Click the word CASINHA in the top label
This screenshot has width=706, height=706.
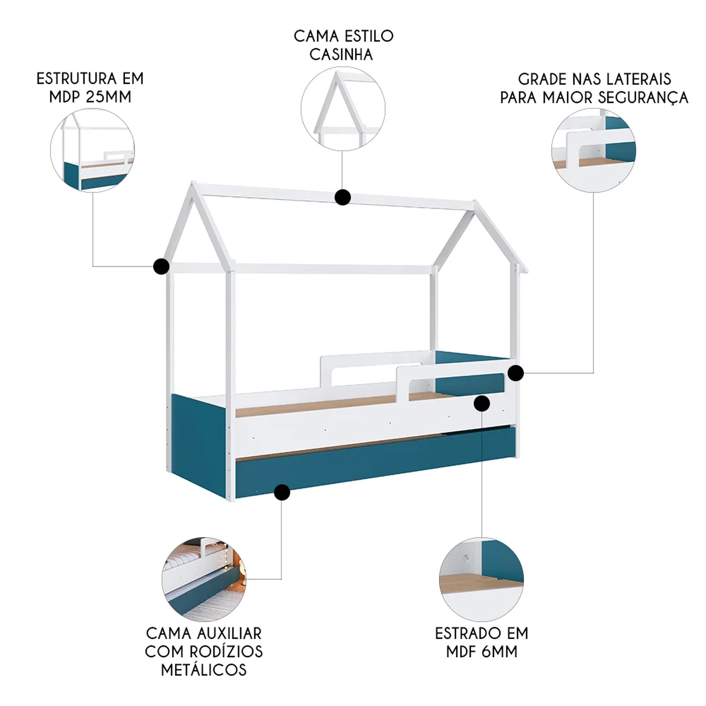coord(341,55)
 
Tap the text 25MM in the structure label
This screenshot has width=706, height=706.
coord(109,97)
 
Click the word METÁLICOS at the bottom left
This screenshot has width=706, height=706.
coord(204,670)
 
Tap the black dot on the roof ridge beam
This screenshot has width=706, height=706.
coord(343,197)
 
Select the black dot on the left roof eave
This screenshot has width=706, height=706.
coord(161,266)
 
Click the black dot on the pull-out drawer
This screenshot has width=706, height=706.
coord(282,492)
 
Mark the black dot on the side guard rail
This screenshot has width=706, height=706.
coord(516,373)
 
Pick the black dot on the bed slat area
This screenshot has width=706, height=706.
coord(482,403)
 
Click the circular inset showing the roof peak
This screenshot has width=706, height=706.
coord(343,109)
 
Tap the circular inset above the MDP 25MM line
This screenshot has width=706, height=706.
coord(92,150)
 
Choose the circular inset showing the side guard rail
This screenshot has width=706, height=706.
coord(594,150)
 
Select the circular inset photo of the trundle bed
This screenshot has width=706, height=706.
coord(204,579)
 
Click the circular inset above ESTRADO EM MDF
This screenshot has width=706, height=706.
coord(481,579)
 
